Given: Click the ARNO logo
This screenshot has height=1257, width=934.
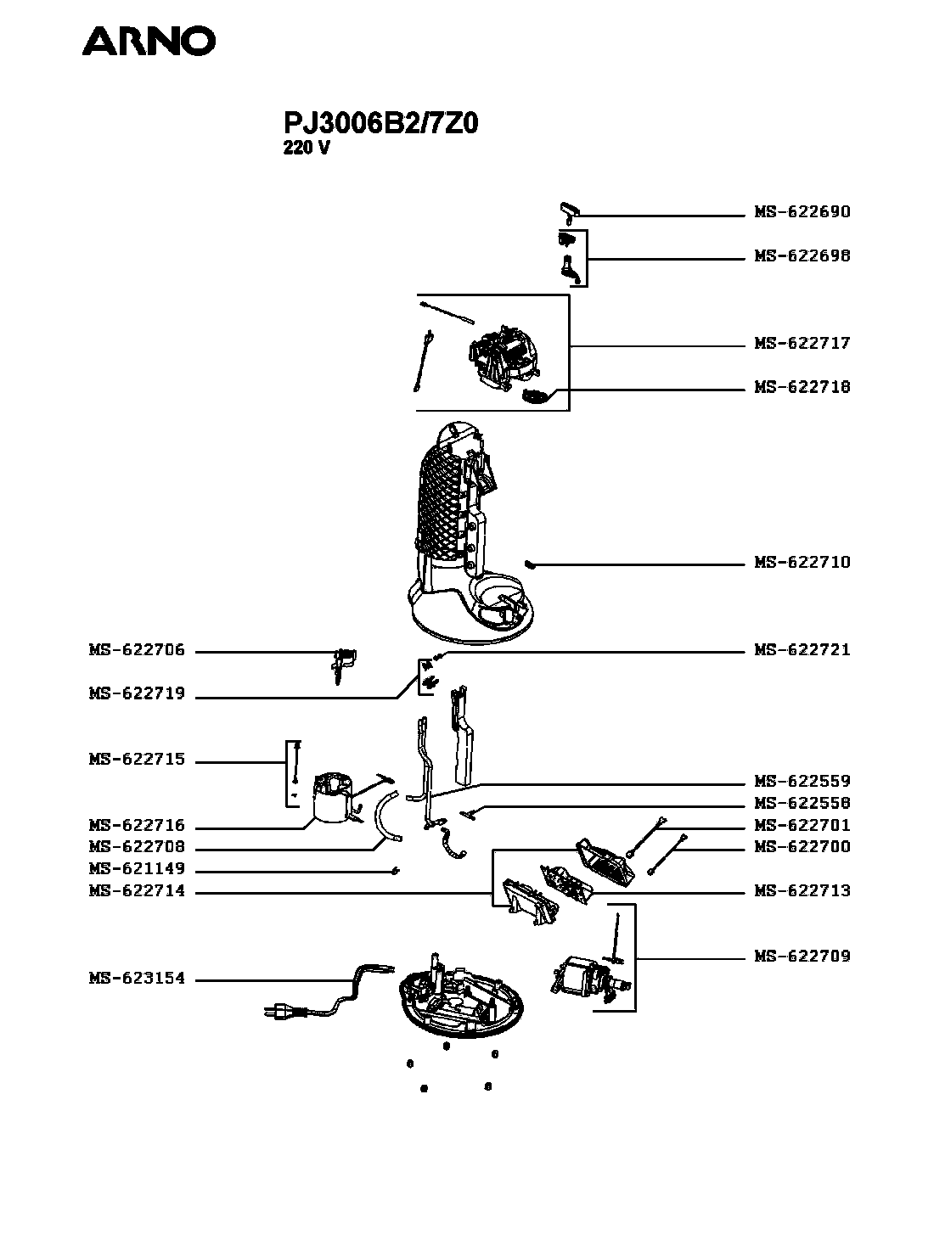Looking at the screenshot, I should [x=149, y=41].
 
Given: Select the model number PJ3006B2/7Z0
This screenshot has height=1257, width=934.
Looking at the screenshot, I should [x=380, y=124].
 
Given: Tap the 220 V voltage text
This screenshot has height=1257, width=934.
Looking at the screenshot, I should [x=306, y=148].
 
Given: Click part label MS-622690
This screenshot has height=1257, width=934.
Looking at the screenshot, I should [x=802, y=212].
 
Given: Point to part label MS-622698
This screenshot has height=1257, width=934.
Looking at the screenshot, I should [x=802, y=256].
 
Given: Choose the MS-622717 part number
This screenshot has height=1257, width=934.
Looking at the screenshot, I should [x=802, y=344].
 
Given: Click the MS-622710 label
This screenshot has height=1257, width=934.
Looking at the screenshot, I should [x=802, y=563].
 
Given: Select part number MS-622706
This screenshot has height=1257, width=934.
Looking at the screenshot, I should [x=137, y=651].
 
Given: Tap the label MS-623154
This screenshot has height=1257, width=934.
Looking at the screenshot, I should [x=137, y=979].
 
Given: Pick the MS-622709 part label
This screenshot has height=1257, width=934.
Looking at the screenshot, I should [x=802, y=957].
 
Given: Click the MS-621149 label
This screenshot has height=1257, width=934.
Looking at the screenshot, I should [x=137, y=870].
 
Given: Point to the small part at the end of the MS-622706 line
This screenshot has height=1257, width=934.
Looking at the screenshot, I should [x=344, y=662].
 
